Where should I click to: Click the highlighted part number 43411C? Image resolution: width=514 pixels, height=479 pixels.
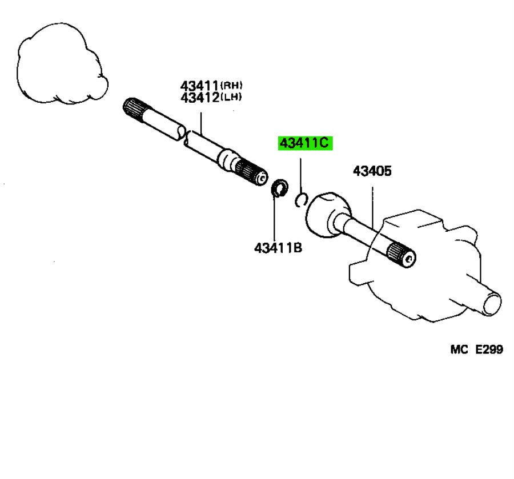click(x=305, y=143)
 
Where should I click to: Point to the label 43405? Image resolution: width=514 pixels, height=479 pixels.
click(x=372, y=171)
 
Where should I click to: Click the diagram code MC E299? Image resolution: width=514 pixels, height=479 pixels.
click(x=476, y=349)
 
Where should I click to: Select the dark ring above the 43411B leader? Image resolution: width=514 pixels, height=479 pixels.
click(x=278, y=188)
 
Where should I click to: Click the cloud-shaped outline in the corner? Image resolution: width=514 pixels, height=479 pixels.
click(x=60, y=64)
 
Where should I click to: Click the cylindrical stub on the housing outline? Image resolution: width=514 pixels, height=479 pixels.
click(x=489, y=302)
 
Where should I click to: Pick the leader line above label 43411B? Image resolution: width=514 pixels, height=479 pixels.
click(x=275, y=220)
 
